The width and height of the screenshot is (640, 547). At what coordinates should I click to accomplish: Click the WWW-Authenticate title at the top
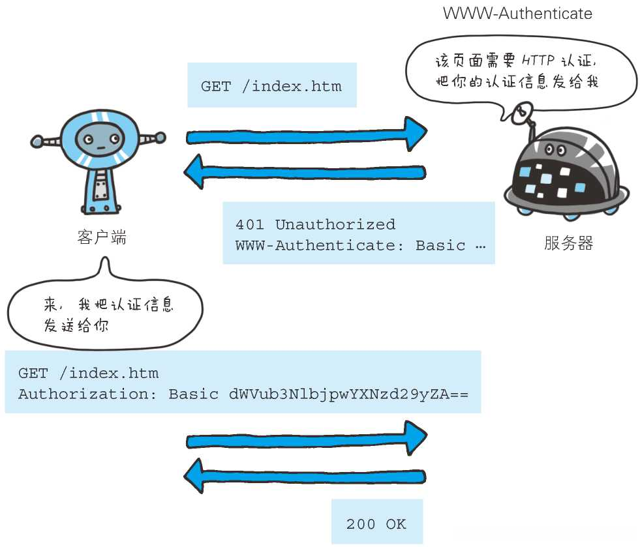[517, 13]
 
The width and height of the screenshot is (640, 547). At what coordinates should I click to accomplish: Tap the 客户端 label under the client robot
[102, 237]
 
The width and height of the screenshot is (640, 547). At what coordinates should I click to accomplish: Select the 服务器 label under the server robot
[568, 244]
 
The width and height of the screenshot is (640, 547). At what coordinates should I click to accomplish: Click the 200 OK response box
[376, 524]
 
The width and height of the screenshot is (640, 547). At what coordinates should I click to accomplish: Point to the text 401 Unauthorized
[315, 224]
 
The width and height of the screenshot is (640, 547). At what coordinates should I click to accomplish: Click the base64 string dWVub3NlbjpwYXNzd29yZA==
[348, 394]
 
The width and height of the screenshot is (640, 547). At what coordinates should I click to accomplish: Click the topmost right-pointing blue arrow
[307, 136]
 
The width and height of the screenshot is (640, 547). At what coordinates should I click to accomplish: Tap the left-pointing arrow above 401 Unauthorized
[305, 172]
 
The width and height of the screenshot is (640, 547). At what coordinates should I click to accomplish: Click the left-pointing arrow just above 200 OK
[305, 477]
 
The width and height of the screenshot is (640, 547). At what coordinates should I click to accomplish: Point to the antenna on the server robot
[521, 114]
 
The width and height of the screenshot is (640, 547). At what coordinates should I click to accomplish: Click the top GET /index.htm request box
[271, 86]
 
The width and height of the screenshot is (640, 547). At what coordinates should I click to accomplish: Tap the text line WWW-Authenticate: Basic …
[360, 246]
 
